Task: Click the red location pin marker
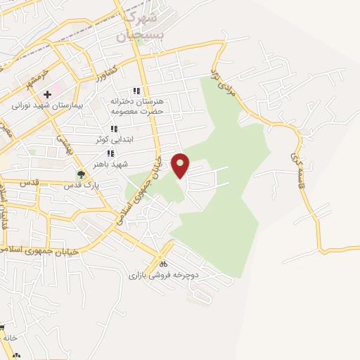181,165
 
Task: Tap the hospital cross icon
47,94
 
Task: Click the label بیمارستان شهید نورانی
48,106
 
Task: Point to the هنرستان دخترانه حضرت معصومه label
136,106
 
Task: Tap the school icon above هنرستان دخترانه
136,91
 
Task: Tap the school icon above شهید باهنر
110,153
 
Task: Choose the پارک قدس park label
80,186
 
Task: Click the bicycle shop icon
164,264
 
